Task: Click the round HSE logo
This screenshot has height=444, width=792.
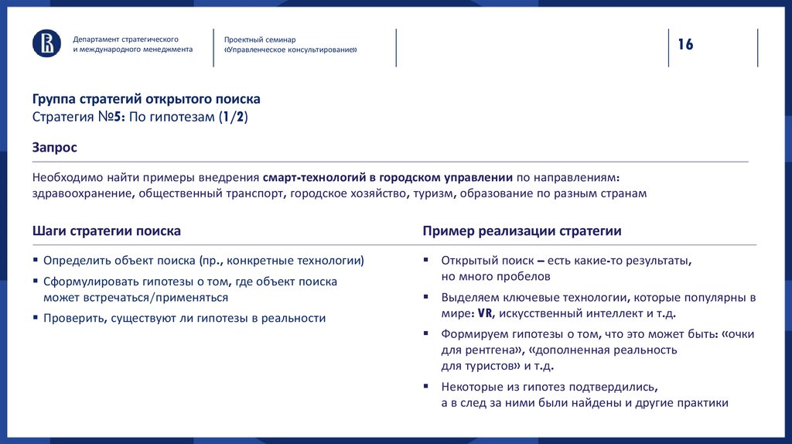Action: (x=46, y=43)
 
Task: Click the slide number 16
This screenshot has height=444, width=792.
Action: (x=686, y=44)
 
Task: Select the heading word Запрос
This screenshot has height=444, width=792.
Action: (x=55, y=146)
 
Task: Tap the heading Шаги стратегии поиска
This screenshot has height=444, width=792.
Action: (x=107, y=231)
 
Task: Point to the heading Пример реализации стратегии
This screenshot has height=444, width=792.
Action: (x=522, y=231)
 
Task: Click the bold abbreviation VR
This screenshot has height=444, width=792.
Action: (x=485, y=313)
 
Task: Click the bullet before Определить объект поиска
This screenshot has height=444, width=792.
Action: (x=36, y=261)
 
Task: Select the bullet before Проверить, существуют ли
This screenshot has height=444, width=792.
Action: (x=36, y=318)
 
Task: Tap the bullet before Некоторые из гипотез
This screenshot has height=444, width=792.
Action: (x=425, y=387)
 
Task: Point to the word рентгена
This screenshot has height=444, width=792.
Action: (x=488, y=350)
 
